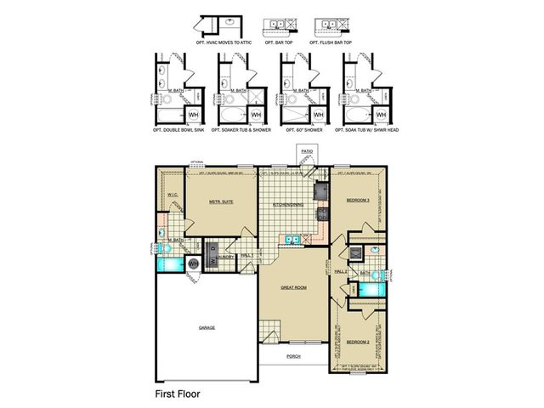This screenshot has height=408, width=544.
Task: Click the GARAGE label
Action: (207, 326)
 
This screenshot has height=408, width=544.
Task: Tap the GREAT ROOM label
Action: (294, 287)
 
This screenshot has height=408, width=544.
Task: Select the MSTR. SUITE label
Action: (222, 201)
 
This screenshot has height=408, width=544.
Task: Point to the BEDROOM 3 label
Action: (358, 200)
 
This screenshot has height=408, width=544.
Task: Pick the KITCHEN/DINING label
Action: (289, 205)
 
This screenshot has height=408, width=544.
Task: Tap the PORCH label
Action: (294, 356)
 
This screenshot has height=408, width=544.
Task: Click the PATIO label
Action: (307, 150)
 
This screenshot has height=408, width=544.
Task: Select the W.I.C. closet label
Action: (171, 195)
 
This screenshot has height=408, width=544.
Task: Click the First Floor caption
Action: (181, 394)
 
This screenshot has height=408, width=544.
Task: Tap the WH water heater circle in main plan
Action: (193, 264)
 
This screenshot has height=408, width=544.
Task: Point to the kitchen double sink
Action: (293, 240)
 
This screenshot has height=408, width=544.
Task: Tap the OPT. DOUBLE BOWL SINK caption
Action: (178, 130)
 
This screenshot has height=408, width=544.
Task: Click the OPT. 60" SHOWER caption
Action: (302, 130)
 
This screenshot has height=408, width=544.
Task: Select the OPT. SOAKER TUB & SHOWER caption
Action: (240, 130)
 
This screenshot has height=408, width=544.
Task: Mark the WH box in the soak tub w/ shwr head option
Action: (380, 114)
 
